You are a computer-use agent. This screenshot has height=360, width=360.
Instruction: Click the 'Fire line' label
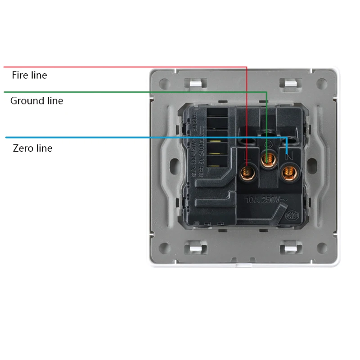click(x=29, y=75)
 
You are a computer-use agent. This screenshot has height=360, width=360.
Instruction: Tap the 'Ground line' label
click(x=36, y=101)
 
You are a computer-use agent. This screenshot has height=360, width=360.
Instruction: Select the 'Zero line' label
click(x=32, y=148)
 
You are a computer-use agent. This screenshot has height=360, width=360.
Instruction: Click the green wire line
click(x=135, y=92)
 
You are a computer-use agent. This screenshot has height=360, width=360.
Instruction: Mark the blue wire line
click(x=135, y=137)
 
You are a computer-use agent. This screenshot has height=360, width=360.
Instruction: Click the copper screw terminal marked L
click(x=247, y=171)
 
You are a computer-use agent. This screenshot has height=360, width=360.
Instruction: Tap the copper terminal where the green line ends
click(x=269, y=158)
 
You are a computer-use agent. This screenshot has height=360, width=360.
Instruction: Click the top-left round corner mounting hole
click(x=164, y=83)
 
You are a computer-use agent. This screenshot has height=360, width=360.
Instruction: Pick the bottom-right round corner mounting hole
click(x=322, y=247)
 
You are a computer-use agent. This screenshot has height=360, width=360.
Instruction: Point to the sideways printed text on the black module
click(x=194, y=144)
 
